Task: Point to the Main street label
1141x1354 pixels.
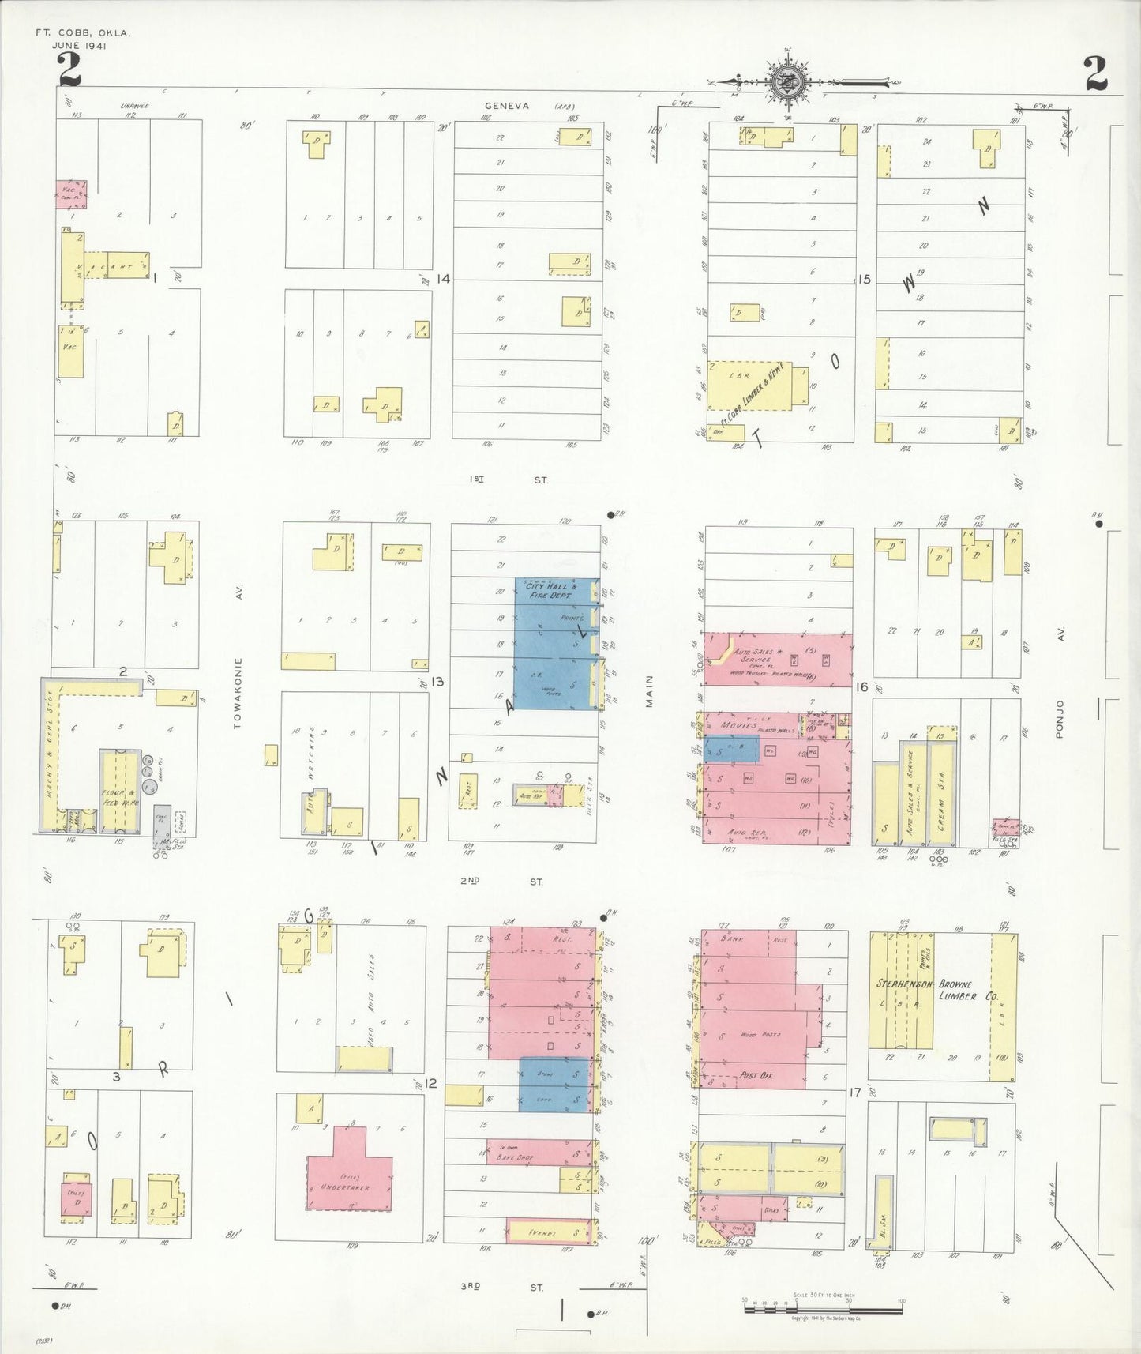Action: click(650, 690)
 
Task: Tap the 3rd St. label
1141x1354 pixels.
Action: click(502, 1287)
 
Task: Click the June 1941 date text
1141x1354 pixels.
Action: click(80, 45)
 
